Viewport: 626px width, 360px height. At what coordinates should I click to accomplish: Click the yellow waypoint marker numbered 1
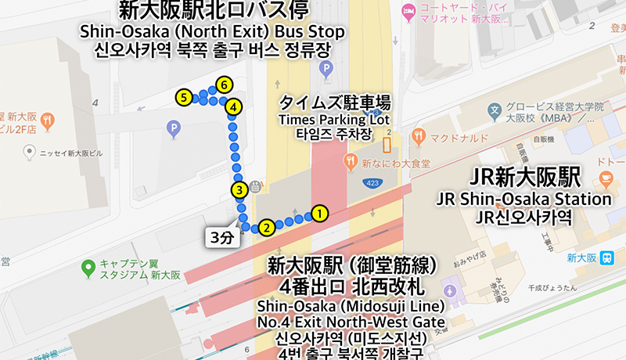point(318,212)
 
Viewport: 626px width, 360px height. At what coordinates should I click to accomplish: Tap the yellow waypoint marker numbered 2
point(267,228)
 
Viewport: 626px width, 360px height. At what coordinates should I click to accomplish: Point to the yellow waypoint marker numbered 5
point(184,98)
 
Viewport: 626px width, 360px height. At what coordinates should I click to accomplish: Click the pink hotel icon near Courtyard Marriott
point(407,11)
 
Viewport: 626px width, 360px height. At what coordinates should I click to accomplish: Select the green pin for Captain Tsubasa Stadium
point(88,268)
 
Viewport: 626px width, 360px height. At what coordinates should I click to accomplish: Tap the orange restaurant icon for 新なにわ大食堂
point(350,162)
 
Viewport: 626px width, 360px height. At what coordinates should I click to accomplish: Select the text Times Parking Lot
point(335,120)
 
